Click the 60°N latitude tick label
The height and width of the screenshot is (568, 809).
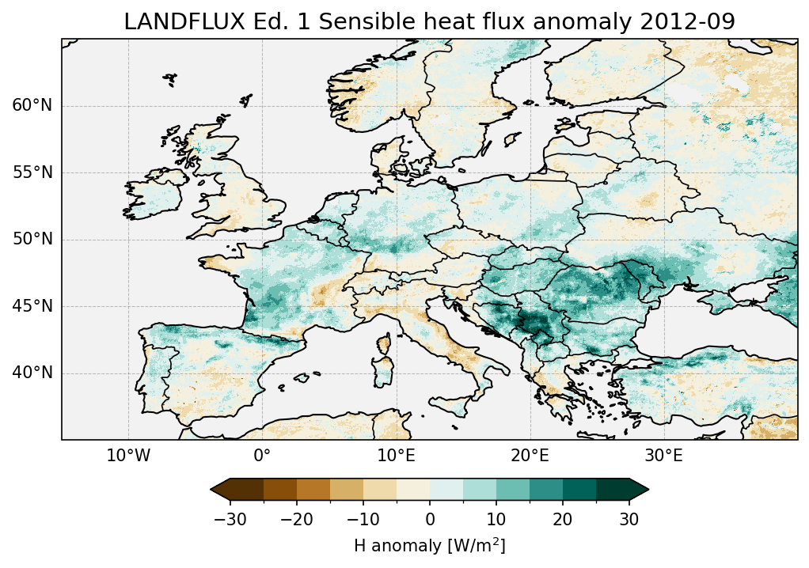tap(32, 106)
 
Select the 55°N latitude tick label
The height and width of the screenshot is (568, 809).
tap(32, 172)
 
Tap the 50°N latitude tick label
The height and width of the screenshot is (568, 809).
tap(32, 240)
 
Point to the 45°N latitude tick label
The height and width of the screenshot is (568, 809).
tap(32, 306)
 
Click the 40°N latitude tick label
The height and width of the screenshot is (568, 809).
tap(32, 373)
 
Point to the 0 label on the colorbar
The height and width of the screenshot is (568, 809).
tap(430, 519)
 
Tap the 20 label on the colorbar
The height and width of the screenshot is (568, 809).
tap(563, 519)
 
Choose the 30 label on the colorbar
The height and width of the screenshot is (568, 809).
tap(629, 519)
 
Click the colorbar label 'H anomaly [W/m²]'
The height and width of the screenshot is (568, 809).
tap(429, 546)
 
